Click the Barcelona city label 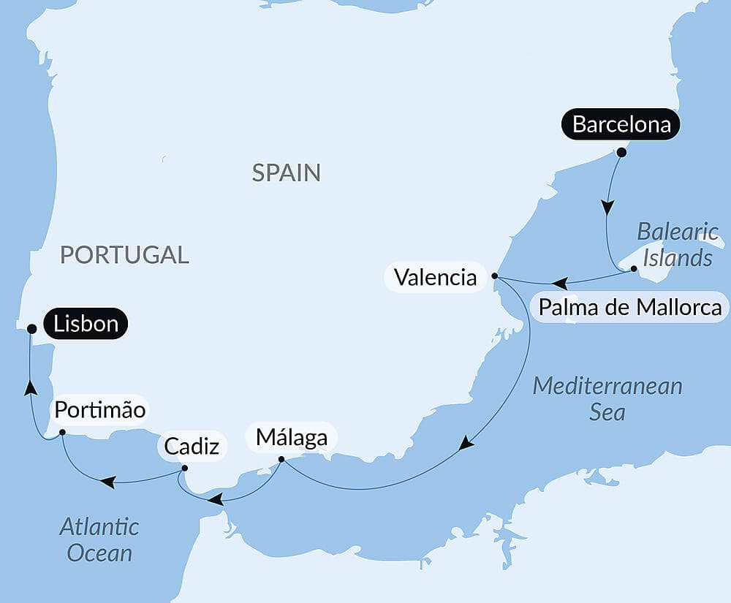621,125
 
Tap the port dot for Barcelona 621,153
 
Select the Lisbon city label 86,324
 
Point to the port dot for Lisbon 31,329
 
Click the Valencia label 435,277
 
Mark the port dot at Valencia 495,276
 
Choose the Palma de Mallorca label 629,307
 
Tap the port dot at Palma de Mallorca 634,269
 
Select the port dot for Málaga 281,460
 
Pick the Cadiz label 192,446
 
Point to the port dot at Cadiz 184,469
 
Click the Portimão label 99,410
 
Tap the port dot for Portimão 62,432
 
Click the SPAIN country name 286,172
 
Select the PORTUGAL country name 124,254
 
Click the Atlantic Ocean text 99,539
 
